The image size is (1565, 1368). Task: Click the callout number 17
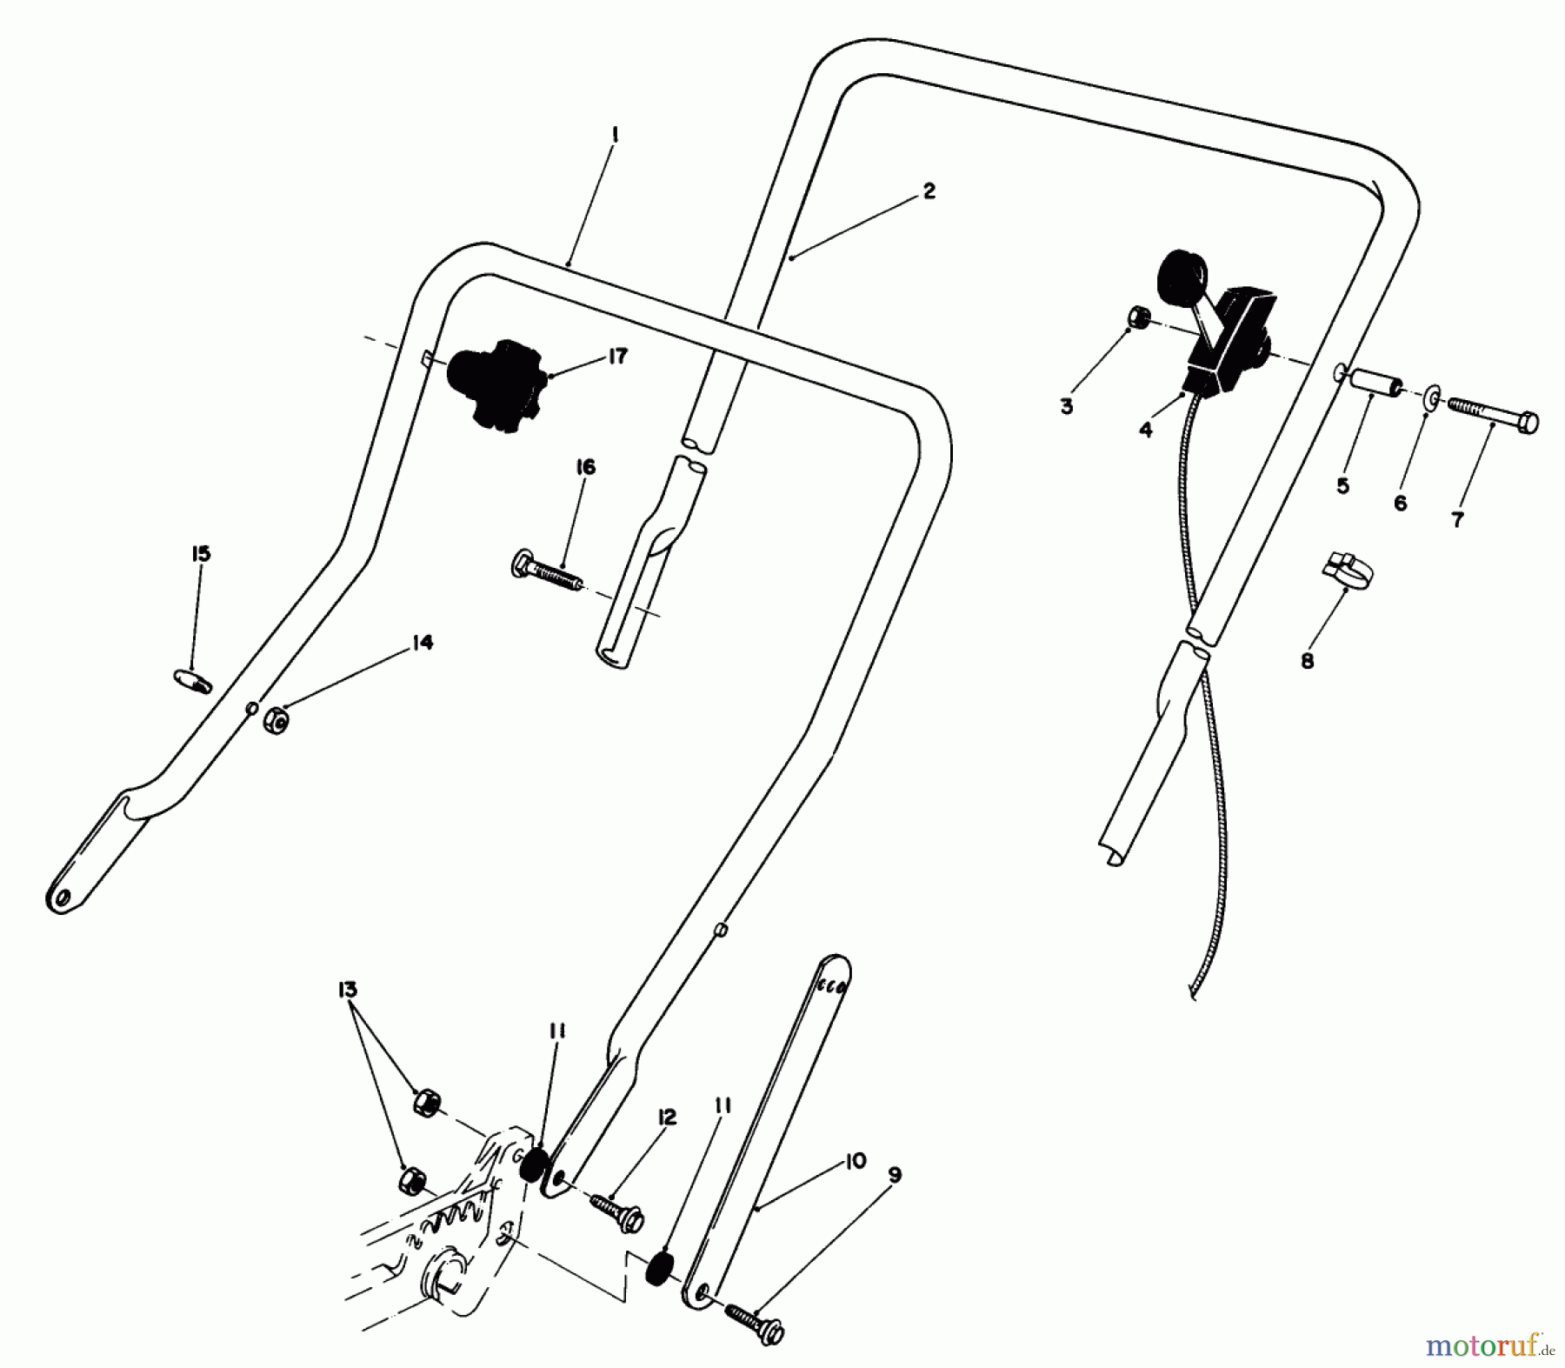[617, 356]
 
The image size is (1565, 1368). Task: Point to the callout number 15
[201, 554]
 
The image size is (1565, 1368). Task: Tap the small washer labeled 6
[1430, 400]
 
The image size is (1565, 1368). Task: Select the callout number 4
[1146, 430]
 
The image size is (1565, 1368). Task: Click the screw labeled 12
[616, 1207]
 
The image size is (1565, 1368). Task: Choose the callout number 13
[348, 990]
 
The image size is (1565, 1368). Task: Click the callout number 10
[855, 1161]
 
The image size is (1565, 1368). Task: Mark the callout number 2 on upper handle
[929, 191]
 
